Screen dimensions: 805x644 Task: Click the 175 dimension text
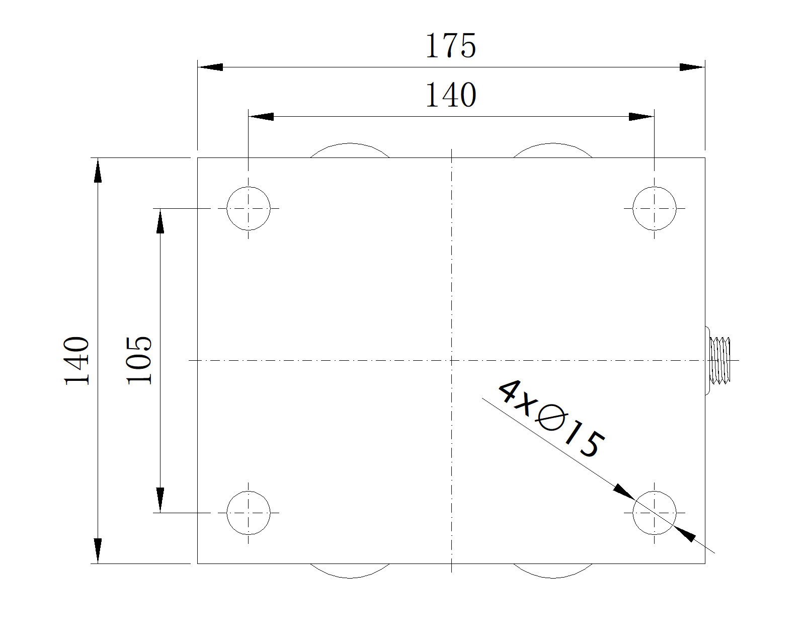coord(451,45)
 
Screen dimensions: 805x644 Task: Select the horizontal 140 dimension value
coord(451,95)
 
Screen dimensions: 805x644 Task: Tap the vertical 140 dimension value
coord(77,361)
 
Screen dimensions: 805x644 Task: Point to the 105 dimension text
coord(139,361)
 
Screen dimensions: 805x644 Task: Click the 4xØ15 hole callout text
coord(551,419)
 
